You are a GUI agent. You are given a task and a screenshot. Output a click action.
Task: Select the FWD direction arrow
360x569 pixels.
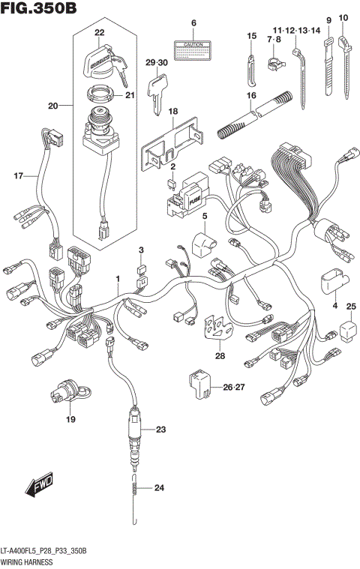coord(38,490)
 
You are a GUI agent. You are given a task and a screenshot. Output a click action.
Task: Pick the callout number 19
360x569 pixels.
coord(70,419)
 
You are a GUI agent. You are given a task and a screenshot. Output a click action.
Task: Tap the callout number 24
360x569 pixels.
coord(158,489)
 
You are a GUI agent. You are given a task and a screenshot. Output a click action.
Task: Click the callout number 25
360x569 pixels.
coord(351,305)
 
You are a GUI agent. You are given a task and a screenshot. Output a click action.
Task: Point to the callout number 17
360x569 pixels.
coord(17,176)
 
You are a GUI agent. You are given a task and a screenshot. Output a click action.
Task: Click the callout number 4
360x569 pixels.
coord(334,305)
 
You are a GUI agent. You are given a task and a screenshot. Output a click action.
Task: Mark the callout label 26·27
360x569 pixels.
coord(234,387)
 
